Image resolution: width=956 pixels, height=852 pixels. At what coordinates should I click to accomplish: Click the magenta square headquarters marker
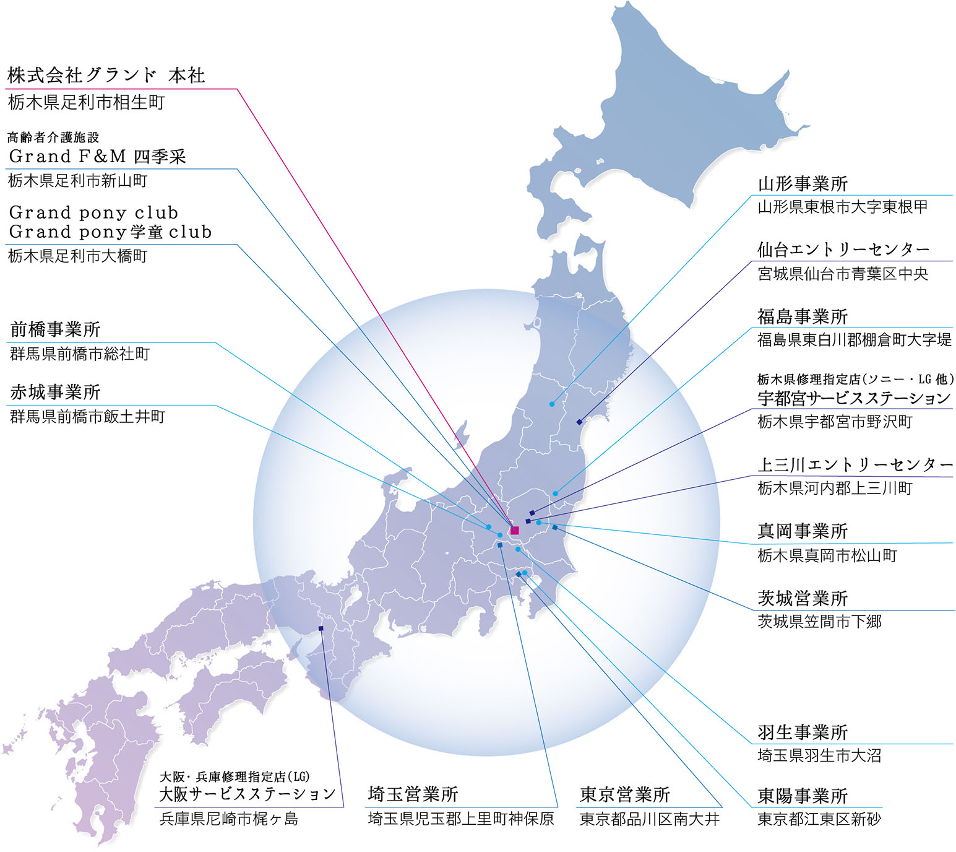[x=514, y=530]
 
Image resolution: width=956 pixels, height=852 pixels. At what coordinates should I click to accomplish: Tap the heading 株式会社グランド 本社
[x=106, y=76]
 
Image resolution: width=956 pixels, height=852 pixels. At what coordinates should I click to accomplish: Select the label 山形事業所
[x=803, y=184]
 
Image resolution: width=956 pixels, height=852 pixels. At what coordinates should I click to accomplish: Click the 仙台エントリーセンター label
[x=843, y=250]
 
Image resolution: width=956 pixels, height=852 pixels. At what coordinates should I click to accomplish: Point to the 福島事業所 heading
[x=803, y=316]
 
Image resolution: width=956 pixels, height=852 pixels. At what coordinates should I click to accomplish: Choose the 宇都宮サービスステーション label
[x=854, y=398]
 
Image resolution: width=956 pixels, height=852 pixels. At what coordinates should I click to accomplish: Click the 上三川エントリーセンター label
[x=855, y=464]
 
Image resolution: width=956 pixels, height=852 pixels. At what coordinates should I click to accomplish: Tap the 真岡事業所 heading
[x=803, y=531]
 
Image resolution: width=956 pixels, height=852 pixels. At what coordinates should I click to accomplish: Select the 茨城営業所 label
[x=803, y=598]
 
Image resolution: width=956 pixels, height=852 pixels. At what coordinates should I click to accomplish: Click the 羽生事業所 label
[x=803, y=732]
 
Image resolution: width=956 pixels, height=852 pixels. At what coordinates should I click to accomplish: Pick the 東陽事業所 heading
[x=803, y=796]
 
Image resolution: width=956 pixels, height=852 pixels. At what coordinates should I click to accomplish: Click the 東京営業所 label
[x=625, y=794]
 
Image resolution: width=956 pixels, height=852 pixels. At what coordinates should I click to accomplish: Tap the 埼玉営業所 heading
[x=413, y=794]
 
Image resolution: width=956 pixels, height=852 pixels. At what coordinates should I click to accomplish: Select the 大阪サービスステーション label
[x=248, y=794]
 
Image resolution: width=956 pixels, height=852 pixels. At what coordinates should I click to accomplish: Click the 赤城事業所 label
[x=55, y=392]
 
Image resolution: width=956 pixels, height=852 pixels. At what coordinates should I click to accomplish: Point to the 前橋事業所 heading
[x=55, y=329]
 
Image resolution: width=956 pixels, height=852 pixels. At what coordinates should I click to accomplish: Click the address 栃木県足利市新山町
[x=78, y=181]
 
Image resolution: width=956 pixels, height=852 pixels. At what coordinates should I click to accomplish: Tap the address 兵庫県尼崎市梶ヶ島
[x=229, y=819]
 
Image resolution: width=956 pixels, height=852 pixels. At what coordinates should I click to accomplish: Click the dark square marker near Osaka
[x=321, y=628]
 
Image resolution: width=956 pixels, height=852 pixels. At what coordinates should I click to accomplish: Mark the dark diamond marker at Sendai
[x=579, y=422]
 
